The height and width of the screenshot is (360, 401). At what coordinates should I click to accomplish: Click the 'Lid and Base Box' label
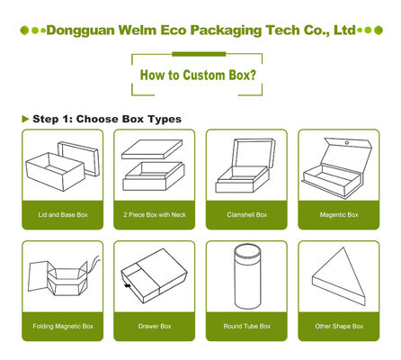tap(63, 215)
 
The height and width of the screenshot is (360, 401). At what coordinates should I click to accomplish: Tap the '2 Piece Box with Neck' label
tap(155, 215)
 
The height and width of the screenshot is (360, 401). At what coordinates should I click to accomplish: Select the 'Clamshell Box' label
tap(247, 215)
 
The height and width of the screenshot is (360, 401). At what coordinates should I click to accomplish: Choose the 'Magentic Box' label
tap(339, 215)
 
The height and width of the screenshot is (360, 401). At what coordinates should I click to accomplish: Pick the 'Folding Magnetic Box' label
tap(63, 326)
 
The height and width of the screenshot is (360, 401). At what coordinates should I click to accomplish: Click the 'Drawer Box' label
tap(155, 326)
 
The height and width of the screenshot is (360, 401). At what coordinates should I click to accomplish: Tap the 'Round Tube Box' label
tap(247, 326)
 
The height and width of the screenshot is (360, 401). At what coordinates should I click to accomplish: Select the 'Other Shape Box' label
tap(339, 326)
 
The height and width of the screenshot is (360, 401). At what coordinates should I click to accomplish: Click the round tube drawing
tap(247, 276)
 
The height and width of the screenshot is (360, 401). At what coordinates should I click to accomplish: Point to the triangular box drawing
tap(340, 277)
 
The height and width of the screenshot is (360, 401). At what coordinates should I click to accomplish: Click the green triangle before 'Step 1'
tap(25, 119)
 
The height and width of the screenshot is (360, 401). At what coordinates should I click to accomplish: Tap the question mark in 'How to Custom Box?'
tap(254, 75)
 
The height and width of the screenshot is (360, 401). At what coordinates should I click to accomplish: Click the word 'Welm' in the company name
tap(138, 31)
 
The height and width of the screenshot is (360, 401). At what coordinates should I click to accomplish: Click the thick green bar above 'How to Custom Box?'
tap(199, 54)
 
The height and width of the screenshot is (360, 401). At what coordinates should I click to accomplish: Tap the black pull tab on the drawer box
tap(127, 285)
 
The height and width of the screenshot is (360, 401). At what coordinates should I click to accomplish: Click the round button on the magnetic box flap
tap(347, 143)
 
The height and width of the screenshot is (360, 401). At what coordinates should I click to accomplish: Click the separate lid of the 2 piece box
tap(152, 149)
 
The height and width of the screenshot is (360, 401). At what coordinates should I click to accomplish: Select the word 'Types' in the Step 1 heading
tap(165, 120)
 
